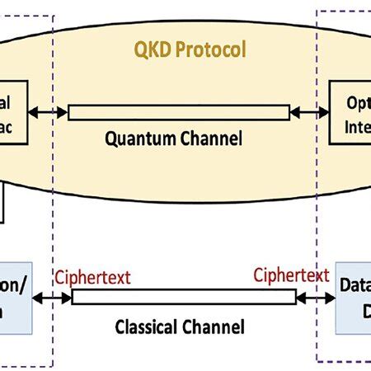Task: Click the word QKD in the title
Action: click(x=154, y=49)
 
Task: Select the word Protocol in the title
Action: click(x=210, y=49)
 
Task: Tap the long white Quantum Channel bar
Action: click(x=179, y=112)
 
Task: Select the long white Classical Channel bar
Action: click(x=183, y=296)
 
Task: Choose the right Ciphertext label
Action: click(x=291, y=275)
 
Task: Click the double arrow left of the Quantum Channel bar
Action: click(x=48, y=112)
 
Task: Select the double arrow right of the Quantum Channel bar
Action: click(x=309, y=112)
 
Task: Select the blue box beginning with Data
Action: click(x=354, y=298)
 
